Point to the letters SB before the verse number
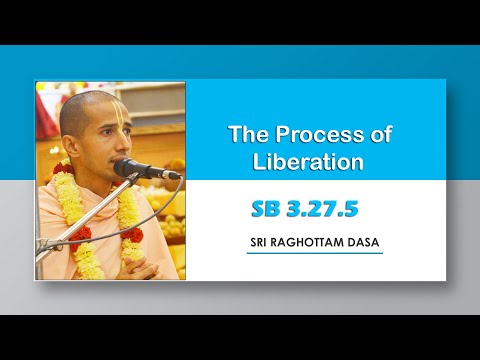(x=265, y=208)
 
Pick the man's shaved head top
(x=85, y=98)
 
